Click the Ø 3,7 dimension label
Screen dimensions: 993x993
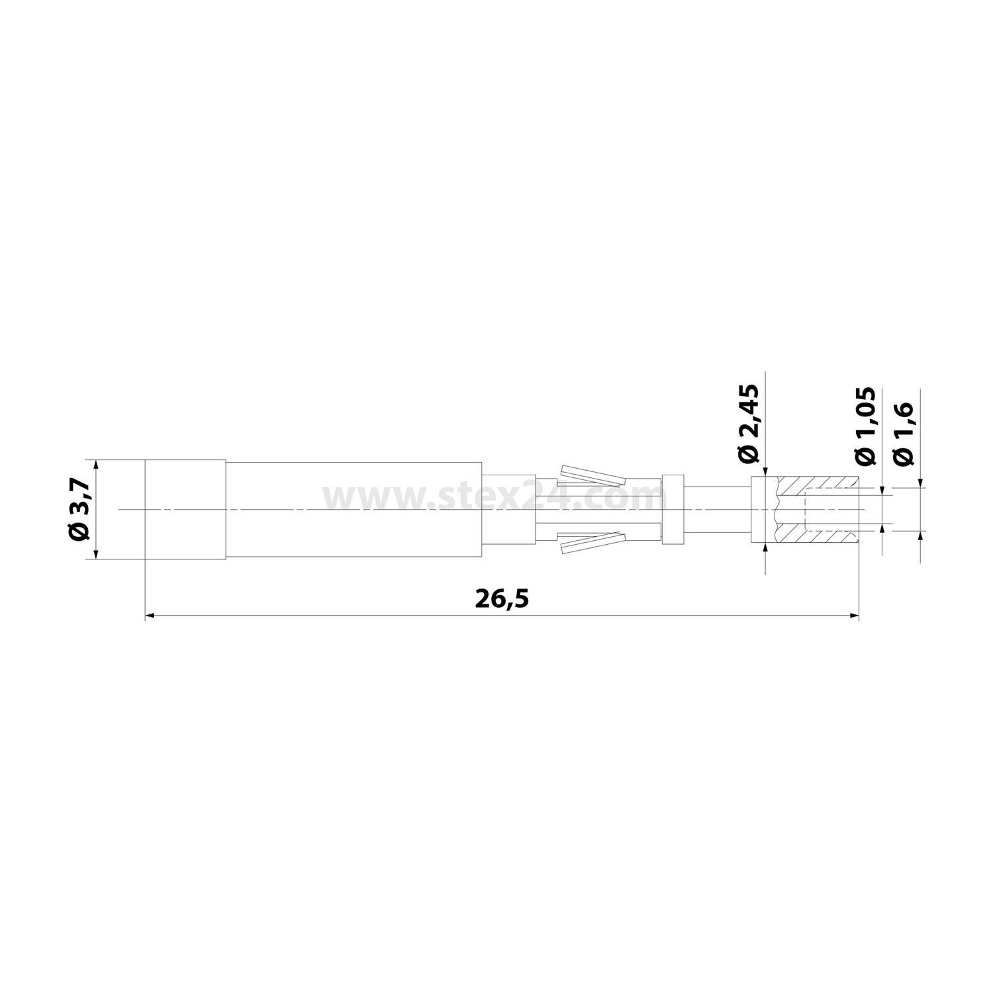[x=79, y=510]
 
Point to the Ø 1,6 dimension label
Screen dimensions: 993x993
[x=903, y=434]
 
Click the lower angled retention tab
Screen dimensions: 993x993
[x=593, y=544]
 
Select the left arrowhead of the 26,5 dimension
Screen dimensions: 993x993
[x=150, y=616]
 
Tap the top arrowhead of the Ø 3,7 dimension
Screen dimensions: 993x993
[x=97, y=464]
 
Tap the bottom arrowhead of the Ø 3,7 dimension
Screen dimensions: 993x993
[x=97, y=555]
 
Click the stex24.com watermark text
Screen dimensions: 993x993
[x=490, y=498]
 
